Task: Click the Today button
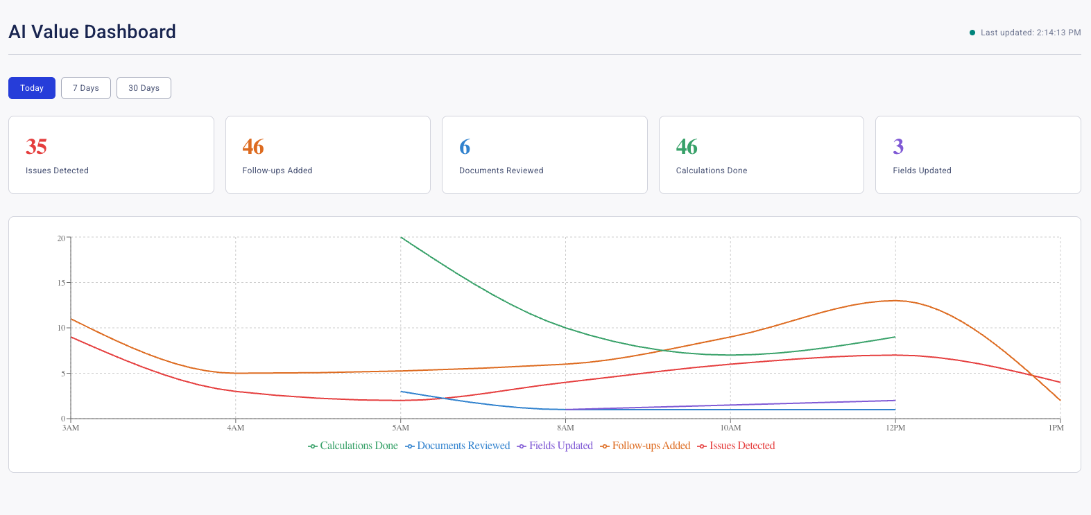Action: [x=32, y=88]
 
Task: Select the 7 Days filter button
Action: [x=86, y=88]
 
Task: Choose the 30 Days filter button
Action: [x=144, y=88]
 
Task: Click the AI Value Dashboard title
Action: [x=92, y=32]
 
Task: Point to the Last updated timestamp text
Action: [x=1030, y=33]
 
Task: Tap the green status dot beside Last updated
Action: [x=972, y=33]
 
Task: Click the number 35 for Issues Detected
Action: [x=36, y=147]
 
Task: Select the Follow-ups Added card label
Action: [x=277, y=171]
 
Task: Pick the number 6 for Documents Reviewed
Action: [x=465, y=147]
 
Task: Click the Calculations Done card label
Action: [x=712, y=171]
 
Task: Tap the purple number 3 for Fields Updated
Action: [x=898, y=147]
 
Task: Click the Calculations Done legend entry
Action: [x=353, y=446]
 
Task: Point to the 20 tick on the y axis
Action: [x=61, y=238]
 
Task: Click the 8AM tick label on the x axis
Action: [x=565, y=428]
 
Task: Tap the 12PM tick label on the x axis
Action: [x=895, y=428]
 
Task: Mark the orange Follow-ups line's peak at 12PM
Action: [x=895, y=301]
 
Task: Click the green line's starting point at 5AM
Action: [x=401, y=238]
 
